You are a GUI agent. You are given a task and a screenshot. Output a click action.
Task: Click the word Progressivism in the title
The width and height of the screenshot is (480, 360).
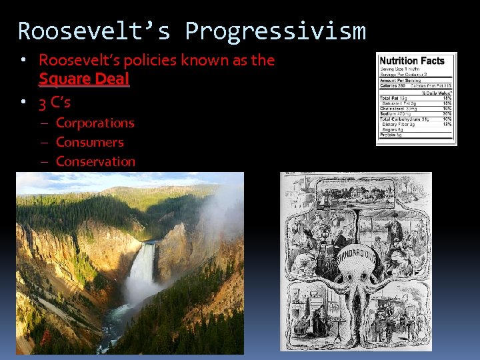click(275, 31)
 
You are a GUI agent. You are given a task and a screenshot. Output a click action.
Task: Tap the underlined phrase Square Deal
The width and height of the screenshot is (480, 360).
click(84, 79)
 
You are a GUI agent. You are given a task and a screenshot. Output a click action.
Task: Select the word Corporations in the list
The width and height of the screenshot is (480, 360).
click(95, 123)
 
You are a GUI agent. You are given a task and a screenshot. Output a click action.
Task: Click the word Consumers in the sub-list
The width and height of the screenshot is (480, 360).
click(90, 142)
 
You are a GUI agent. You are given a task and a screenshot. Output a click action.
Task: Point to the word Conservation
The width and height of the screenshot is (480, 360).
click(95, 161)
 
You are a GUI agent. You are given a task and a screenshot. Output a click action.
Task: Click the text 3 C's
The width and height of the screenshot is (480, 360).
click(55, 103)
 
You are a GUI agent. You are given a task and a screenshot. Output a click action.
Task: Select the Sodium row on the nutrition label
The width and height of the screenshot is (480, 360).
click(393, 113)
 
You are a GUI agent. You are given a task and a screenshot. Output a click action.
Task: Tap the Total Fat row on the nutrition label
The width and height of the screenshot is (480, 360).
click(391, 98)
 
